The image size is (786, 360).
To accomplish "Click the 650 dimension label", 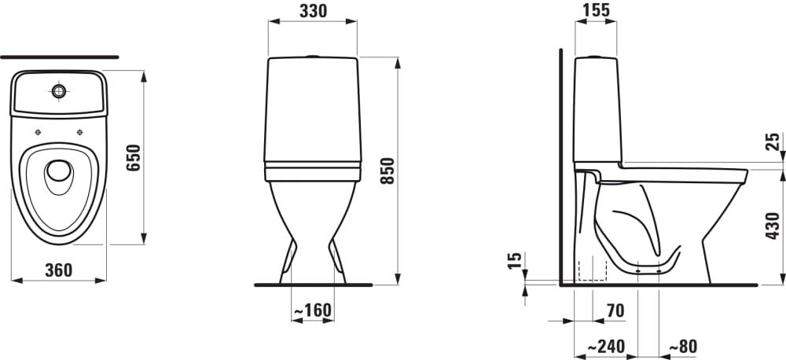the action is pos(134,157).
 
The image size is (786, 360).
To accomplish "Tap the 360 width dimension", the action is pos(59,270).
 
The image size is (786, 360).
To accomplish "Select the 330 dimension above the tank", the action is pos(314,11).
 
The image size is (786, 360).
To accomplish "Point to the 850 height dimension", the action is pos(388,171).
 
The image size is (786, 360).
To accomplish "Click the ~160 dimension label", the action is pos(312,310).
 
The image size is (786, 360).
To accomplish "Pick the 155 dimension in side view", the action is pos(596,10).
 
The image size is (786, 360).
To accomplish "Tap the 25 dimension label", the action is pos(773,142).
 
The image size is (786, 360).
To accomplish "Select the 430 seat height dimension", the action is pos(773,226).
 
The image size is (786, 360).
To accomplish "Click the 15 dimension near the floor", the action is pos(515,260).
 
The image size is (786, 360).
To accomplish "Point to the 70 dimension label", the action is pos(615,310).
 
